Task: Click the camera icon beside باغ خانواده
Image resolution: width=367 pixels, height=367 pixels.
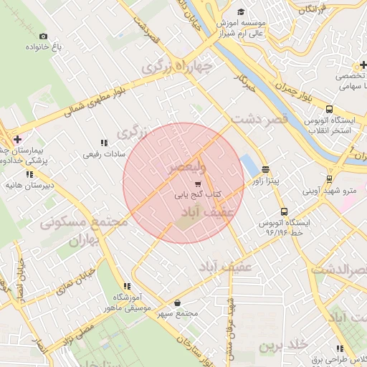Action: coord(43,37)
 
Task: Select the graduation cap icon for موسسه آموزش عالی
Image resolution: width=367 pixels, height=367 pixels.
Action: coord(242,12)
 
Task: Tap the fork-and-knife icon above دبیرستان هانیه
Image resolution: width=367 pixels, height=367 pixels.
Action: coord(29,174)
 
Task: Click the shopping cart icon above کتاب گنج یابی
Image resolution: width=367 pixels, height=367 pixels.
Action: coord(198,183)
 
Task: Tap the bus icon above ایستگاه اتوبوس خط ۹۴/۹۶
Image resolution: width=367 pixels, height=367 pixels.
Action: coord(285,212)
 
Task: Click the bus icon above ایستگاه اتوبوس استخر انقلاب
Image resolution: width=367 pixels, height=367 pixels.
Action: coord(329,109)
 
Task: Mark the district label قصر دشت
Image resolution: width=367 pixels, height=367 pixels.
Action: coord(259,119)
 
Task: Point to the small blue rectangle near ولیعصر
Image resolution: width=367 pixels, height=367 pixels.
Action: coord(249,165)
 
